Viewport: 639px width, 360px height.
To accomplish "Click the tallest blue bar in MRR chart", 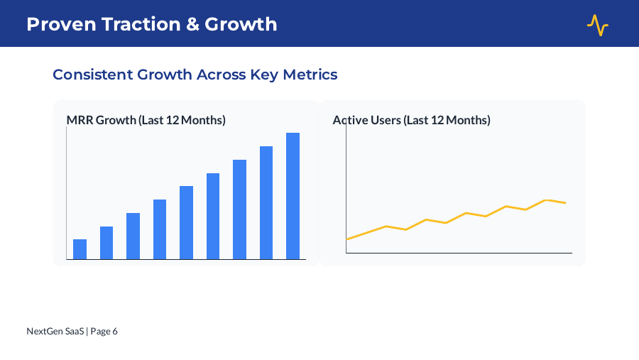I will (x=293, y=196).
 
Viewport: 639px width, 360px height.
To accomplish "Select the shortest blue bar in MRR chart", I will (x=80, y=249).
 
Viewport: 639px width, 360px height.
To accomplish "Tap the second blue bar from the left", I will (x=106, y=243).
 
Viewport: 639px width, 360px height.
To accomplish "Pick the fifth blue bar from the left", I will (x=186, y=223).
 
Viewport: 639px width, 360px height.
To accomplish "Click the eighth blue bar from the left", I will (x=266, y=202).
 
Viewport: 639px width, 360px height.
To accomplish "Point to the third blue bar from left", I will (x=133, y=236).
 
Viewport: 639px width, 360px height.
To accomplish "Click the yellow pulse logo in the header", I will (x=597, y=25).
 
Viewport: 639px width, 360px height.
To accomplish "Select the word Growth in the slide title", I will (x=241, y=24).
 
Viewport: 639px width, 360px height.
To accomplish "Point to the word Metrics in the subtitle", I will (x=310, y=75).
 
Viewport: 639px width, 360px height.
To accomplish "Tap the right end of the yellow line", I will (x=565, y=203).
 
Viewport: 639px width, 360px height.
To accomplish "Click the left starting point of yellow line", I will (x=346, y=239).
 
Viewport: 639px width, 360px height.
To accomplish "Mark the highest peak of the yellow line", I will (x=546, y=200).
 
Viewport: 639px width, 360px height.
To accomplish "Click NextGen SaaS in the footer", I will (x=55, y=331).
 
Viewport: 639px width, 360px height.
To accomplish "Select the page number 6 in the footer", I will (x=115, y=331).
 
